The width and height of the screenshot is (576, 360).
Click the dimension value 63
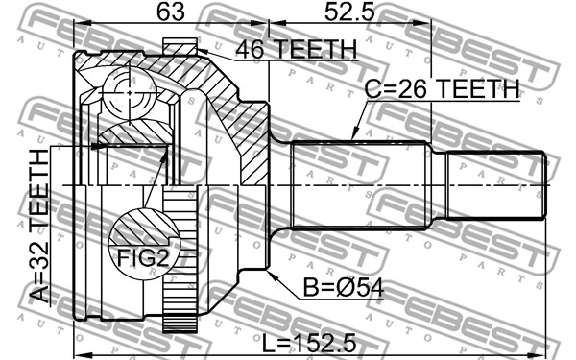(171, 12)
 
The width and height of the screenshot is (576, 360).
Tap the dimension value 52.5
(349, 12)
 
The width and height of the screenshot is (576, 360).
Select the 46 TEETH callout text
(296, 49)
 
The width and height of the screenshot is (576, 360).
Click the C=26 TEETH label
(443, 88)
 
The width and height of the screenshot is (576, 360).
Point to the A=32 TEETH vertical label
(39, 226)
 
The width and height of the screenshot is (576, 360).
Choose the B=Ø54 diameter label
(344, 288)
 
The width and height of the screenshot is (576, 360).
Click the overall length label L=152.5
(309, 344)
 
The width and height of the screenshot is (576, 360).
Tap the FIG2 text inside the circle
(143, 258)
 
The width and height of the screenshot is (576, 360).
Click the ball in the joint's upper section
(130, 93)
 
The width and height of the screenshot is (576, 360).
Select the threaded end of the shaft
(496, 186)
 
